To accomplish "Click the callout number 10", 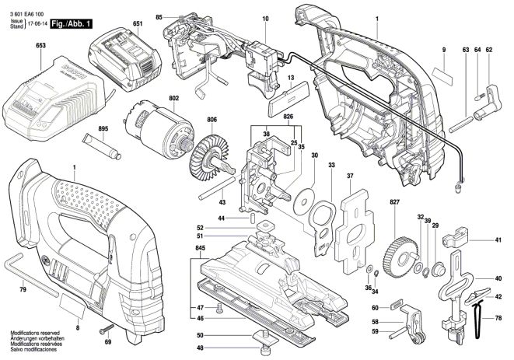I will tap(264, 18).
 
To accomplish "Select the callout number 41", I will tap(498, 242).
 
